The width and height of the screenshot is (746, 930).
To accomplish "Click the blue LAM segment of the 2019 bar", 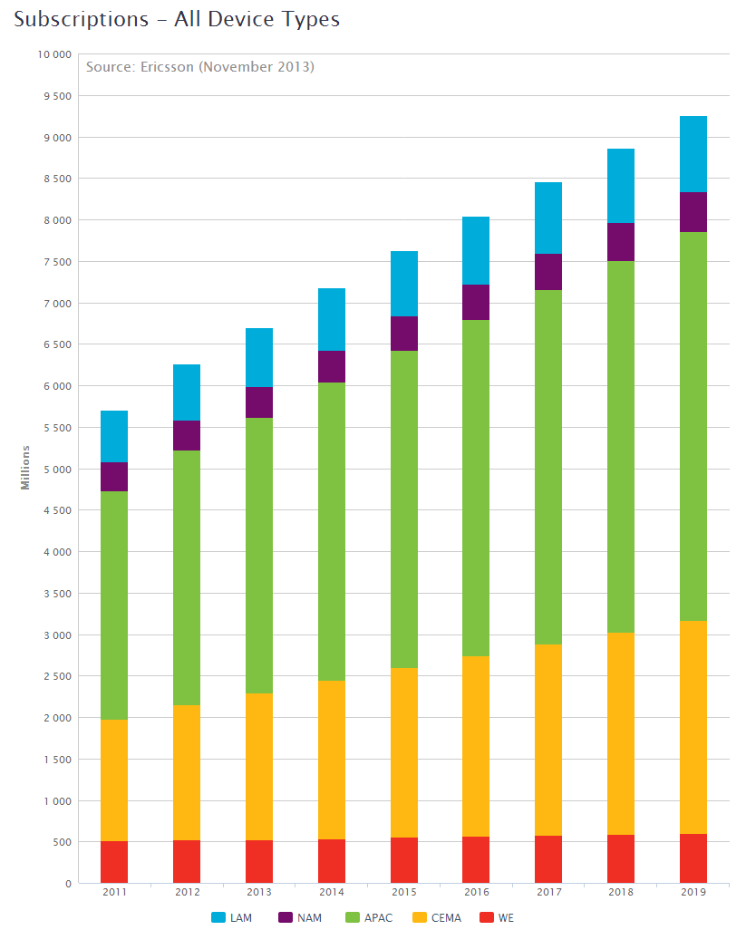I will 693,154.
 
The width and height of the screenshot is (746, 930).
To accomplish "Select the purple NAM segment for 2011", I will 114,477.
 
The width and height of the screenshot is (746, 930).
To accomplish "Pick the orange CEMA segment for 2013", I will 259,767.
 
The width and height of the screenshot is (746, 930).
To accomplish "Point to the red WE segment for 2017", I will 548,859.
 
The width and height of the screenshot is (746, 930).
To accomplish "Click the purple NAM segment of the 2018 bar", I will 621,242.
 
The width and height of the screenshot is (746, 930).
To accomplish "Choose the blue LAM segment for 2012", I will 187,392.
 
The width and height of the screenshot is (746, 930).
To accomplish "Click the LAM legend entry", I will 232,917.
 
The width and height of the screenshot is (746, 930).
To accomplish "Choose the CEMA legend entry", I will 437,917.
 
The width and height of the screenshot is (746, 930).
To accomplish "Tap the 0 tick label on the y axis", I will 68,884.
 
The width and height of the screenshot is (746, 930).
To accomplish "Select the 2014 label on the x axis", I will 332,893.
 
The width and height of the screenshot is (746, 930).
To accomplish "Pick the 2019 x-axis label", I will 693,893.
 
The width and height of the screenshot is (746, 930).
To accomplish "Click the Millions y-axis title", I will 26,468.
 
